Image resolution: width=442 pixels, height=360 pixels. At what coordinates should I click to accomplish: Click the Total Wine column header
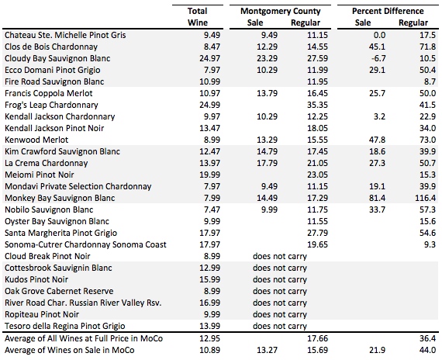pos(198,16)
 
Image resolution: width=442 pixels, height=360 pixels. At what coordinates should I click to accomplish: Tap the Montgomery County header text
pos(281,11)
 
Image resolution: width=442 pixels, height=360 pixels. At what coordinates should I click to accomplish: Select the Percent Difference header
pos(388,11)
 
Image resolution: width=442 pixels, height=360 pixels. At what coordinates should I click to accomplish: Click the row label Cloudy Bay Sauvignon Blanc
pos(57,58)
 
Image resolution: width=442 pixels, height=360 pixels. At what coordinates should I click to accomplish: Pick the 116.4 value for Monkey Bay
pos(425,198)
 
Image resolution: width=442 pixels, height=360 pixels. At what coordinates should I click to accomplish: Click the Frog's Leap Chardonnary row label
pos(51,105)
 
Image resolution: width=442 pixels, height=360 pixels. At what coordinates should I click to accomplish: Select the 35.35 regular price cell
pos(317,105)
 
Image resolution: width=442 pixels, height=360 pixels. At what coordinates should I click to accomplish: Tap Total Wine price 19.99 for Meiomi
pos(209,175)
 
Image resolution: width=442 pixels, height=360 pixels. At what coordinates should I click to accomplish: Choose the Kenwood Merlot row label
pos(36,140)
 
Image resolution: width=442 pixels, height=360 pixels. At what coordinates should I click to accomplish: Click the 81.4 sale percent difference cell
pos(377,198)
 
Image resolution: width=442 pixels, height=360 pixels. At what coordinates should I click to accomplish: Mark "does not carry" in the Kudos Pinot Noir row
pos(280,279)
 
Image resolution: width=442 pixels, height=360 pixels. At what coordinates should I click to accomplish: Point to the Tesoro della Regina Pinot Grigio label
pos(65,326)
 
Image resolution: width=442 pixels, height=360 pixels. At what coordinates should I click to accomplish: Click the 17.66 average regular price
pos(317,338)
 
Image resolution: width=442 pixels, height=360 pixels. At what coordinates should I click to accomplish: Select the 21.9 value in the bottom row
pos(377,350)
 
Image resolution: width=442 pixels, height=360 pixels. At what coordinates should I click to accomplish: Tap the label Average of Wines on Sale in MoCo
pos(69,350)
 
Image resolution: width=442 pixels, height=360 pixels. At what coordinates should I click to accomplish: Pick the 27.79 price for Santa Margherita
pos(317,233)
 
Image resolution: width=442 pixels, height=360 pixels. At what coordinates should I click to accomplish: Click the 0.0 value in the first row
pos(379,35)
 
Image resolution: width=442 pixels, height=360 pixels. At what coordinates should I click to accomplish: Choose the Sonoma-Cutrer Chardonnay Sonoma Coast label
pos(85,244)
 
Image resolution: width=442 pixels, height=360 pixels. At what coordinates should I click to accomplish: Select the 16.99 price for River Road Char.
pos(209,303)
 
